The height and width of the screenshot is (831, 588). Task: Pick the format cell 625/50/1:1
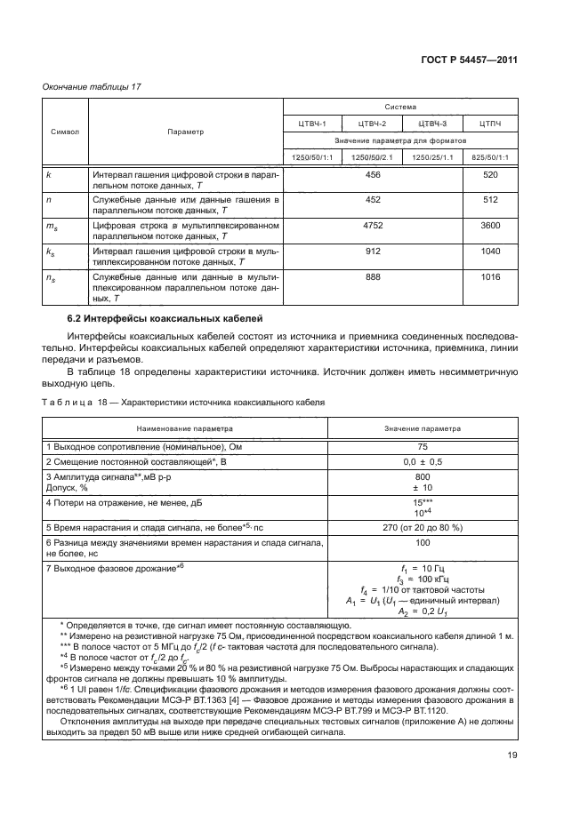489,158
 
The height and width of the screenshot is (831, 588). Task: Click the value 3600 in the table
489,226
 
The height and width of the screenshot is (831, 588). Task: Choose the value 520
489,175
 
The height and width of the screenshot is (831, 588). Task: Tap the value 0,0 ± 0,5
423,462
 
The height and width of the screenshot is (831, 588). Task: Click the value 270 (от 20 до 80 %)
423,526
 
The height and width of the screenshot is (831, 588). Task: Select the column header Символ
64,132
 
